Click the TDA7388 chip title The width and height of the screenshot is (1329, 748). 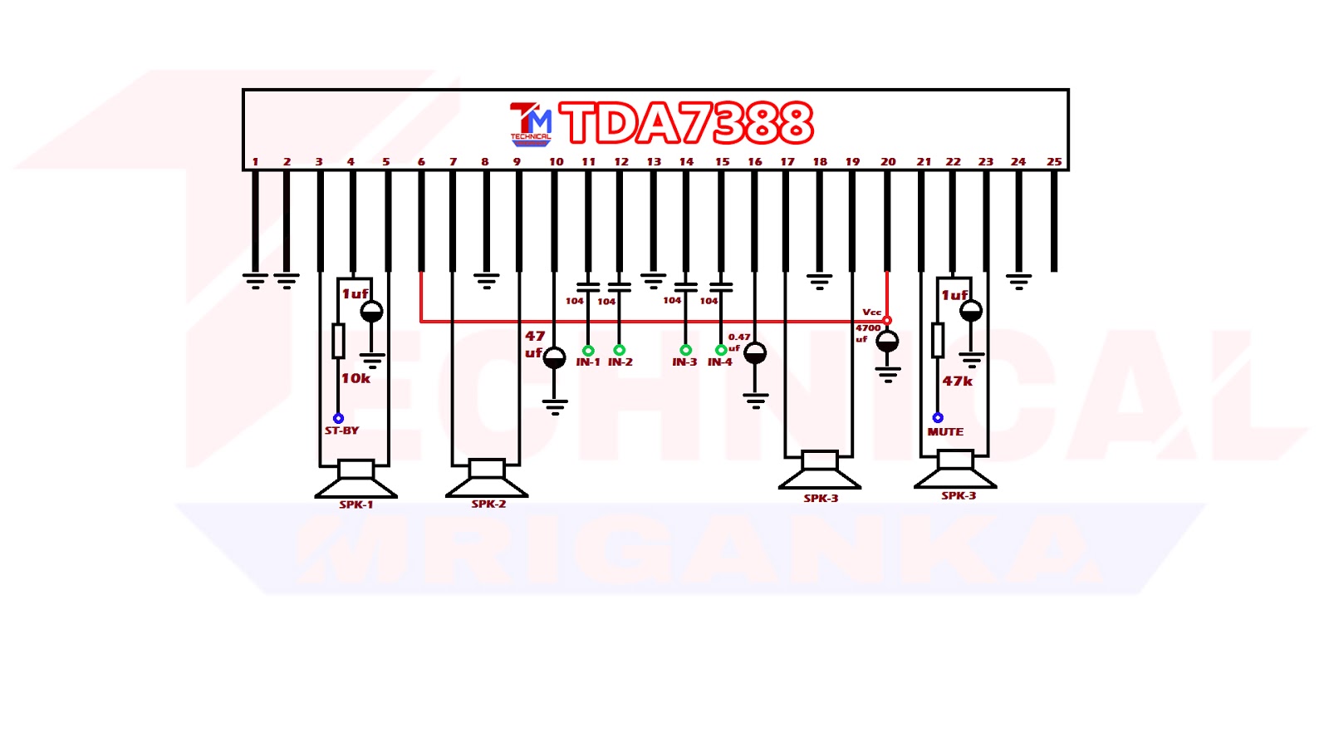coord(686,124)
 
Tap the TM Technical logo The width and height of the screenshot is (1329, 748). coord(530,124)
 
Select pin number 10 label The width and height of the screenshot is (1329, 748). coord(556,162)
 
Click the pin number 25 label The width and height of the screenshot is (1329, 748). coord(1053,162)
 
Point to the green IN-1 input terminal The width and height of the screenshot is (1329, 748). coord(588,351)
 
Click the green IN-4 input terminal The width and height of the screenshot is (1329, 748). coord(721,351)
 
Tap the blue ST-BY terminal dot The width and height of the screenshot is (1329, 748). coord(338,418)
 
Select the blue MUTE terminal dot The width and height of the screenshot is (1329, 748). coord(938,418)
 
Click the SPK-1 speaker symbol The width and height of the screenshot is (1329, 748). coord(356,480)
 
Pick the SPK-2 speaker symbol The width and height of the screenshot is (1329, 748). coord(487,479)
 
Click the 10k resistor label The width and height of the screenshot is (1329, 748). coord(356,378)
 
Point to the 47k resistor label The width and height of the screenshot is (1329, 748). coord(957,381)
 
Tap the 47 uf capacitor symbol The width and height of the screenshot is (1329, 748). coord(554,358)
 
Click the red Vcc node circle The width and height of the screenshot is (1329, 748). coord(887,320)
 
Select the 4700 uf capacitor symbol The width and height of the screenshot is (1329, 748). coord(887,341)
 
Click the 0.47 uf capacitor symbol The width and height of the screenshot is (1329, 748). coord(755,354)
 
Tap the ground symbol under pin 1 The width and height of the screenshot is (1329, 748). coord(255,281)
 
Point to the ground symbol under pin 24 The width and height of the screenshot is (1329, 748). coord(1018,281)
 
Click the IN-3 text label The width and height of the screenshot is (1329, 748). coord(684,362)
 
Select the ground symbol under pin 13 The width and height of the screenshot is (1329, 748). coord(653,281)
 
